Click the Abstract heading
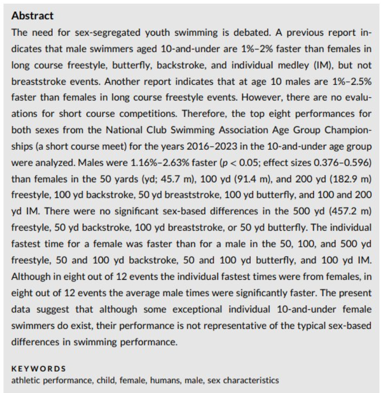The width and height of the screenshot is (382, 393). click(x=32, y=16)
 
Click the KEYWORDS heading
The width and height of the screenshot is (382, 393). click(x=39, y=368)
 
